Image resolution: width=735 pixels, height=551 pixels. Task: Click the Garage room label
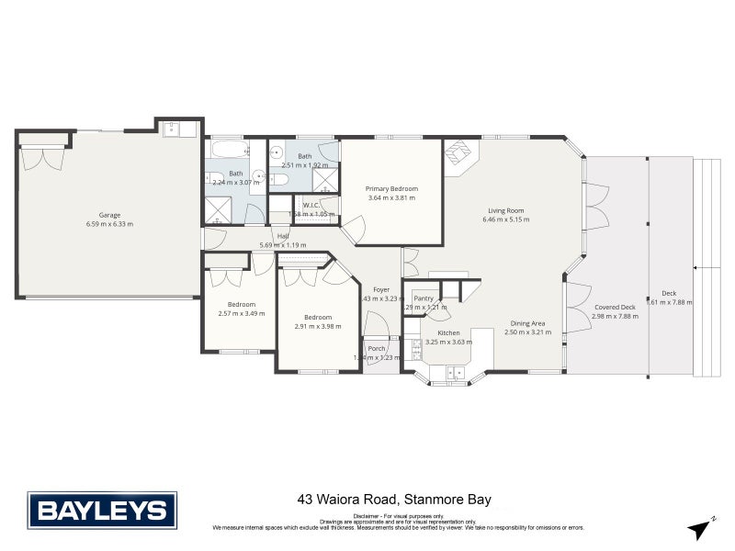pyautogui.click(x=109, y=214)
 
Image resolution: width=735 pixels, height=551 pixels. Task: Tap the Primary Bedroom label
pyautogui.click(x=390, y=187)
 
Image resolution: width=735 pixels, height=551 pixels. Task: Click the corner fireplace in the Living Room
pyautogui.click(x=458, y=155)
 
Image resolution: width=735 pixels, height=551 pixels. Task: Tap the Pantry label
pyautogui.click(x=424, y=298)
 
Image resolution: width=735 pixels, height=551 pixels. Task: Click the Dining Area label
pyautogui.click(x=527, y=322)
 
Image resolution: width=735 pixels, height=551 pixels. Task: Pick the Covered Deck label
pyautogui.click(x=614, y=307)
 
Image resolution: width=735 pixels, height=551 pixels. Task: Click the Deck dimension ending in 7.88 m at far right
pyautogui.click(x=671, y=301)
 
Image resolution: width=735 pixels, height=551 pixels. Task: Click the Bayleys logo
pyautogui.click(x=101, y=511)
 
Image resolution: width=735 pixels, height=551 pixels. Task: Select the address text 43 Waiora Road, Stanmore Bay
pyautogui.click(x=394, y=500)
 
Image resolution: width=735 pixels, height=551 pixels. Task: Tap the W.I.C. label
pyautogui.click(x=311, y=205)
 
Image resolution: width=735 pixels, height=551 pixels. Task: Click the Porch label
pyautogui.click(x=376, y=348)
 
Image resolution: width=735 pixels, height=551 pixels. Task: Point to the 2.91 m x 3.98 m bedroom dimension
pyautogui.click(x=317, y=325)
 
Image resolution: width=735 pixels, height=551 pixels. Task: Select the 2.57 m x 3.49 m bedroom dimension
pyautogui.click(x=241, y=313)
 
